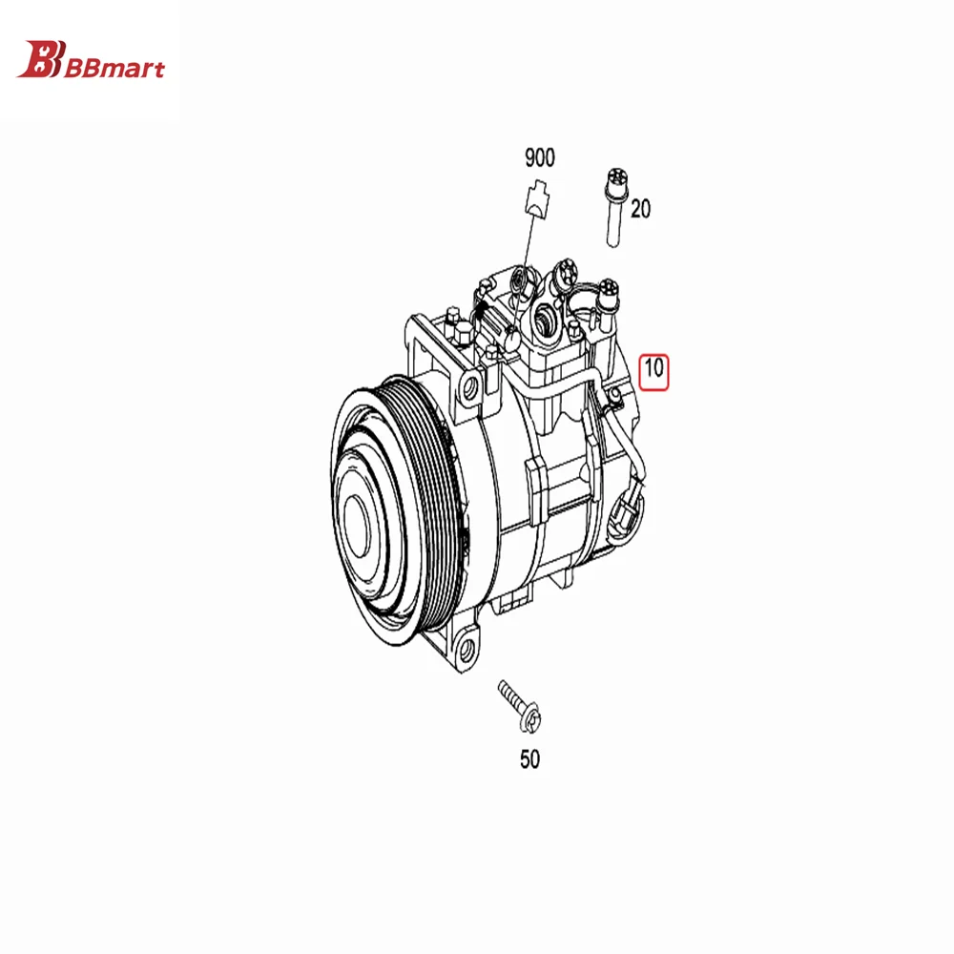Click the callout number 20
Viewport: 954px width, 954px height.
[640, 209]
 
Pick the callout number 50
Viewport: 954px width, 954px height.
[529, 759]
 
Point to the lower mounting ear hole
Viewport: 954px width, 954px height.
[466, 652]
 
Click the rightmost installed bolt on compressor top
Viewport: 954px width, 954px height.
[608, 289]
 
